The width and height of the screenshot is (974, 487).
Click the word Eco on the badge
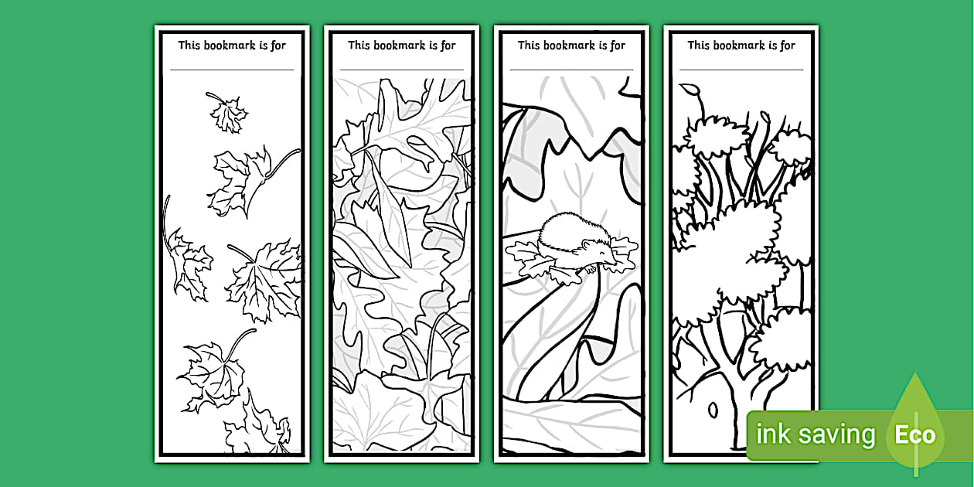click(x=915, y=435)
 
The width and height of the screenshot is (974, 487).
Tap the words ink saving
click(x=815, y=435)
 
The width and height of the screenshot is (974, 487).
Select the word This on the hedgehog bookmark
click(x=529, y=45)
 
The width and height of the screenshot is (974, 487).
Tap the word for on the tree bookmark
click(x=787, y=45)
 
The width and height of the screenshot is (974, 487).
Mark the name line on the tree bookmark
click(x=741, y=70)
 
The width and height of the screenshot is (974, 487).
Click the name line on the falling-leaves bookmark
click(x=232, y=70)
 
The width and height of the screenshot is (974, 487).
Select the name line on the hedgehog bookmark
click(x=571, y=70)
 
